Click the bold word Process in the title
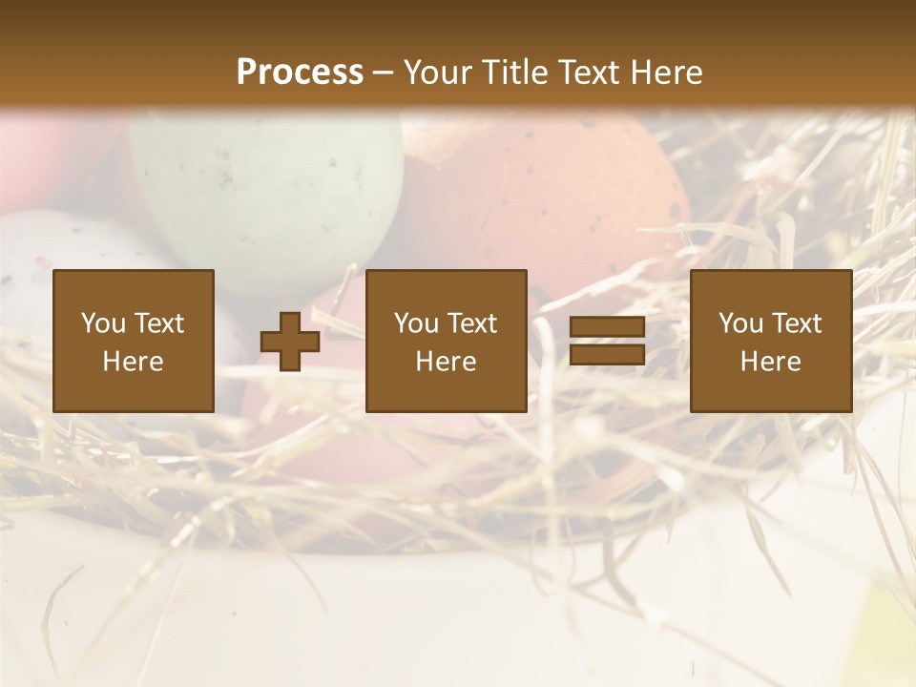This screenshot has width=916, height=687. point(300,72)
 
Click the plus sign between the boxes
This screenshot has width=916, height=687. point(290,342)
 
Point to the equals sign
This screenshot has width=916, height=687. point(607,342)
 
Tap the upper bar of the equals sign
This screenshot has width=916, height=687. point(607,327)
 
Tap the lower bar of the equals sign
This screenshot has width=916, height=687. point(607,355)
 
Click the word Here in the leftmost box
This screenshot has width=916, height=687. point(134,362)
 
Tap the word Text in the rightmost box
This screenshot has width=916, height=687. point(796,323)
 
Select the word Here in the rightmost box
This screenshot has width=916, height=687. point(771,362)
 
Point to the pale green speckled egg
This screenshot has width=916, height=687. point(267,191)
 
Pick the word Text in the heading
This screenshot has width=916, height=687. point(585,72)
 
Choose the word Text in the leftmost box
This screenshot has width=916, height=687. point(158,323)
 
